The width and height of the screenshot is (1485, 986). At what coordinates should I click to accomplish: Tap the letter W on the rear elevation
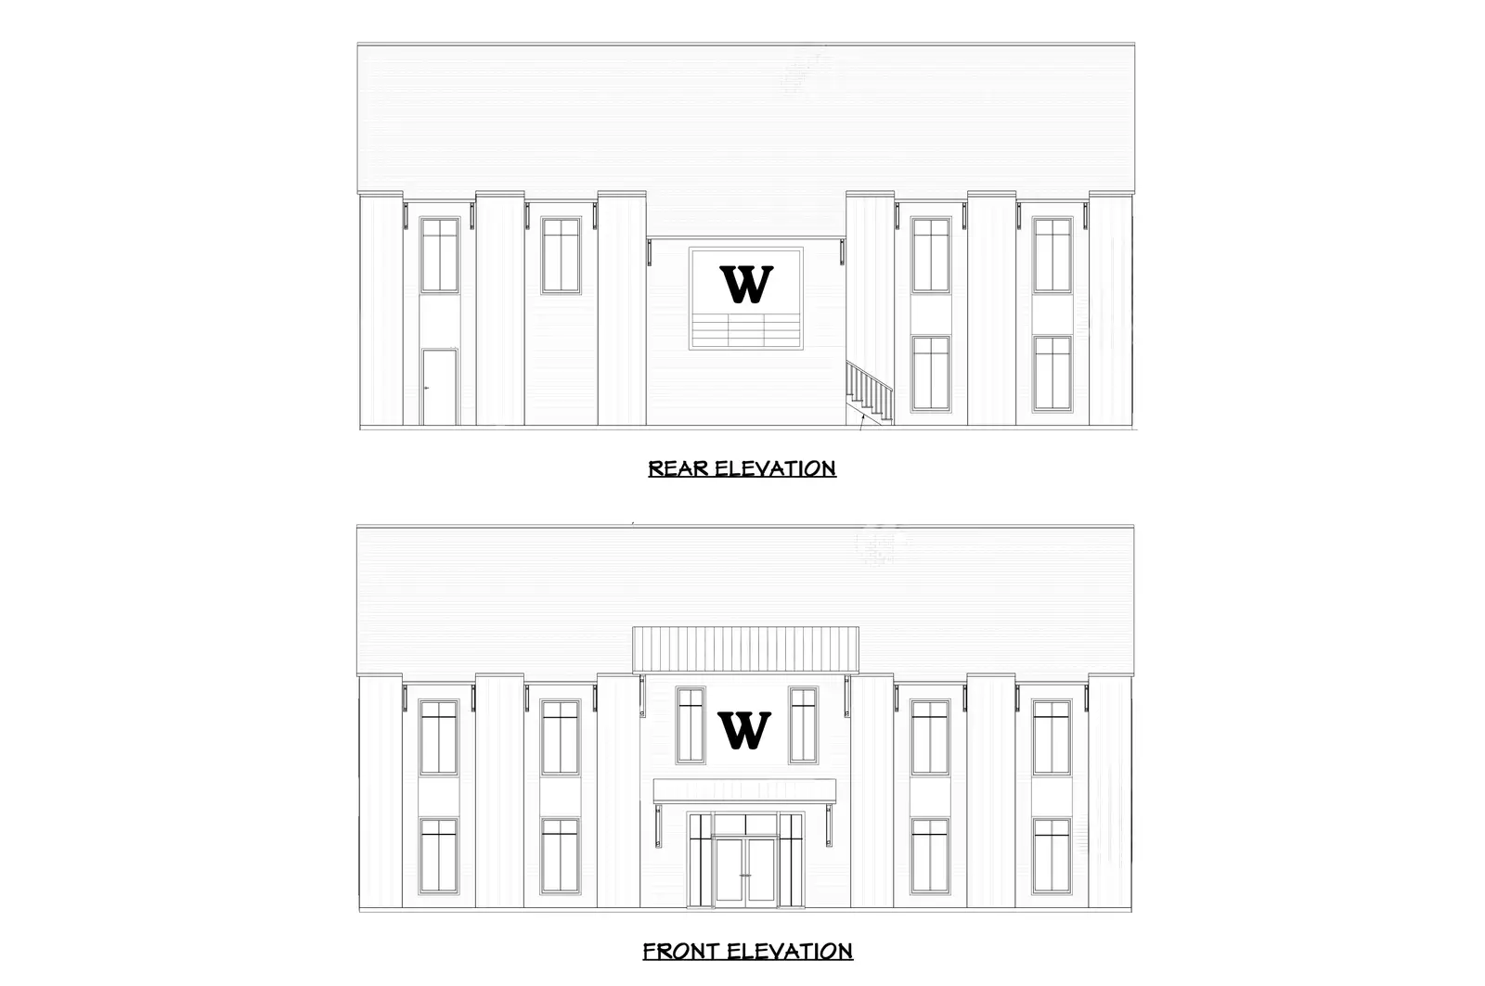point(746,285)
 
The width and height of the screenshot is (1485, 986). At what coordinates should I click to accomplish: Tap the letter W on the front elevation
point(744,731)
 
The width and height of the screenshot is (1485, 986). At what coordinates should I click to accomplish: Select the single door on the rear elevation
point(440,387)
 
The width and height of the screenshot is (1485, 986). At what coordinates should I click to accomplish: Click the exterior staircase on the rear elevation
point(870,391)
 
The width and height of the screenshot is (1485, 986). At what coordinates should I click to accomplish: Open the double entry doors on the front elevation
point(744,870)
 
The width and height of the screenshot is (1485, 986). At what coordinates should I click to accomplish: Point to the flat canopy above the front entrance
point(744,791)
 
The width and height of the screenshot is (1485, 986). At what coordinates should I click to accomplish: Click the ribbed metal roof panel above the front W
point(745,648)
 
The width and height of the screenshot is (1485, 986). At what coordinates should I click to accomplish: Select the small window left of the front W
point(691,724)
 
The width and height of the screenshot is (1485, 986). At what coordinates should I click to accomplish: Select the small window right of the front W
point(803,724)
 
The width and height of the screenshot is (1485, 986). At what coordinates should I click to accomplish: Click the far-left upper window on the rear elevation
point(440,255)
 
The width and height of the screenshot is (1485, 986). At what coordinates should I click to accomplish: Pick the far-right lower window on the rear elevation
point(1052,373)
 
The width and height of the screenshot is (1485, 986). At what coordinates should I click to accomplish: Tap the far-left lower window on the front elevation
point(438,855)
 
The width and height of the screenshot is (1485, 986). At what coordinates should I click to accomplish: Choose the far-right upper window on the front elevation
point(1052,737)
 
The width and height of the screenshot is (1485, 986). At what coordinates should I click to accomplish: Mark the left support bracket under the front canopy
point(657,826)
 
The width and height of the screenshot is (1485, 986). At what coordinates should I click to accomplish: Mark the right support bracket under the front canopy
point(828,826)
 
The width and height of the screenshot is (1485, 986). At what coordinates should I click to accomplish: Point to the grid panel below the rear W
point(746,330)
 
